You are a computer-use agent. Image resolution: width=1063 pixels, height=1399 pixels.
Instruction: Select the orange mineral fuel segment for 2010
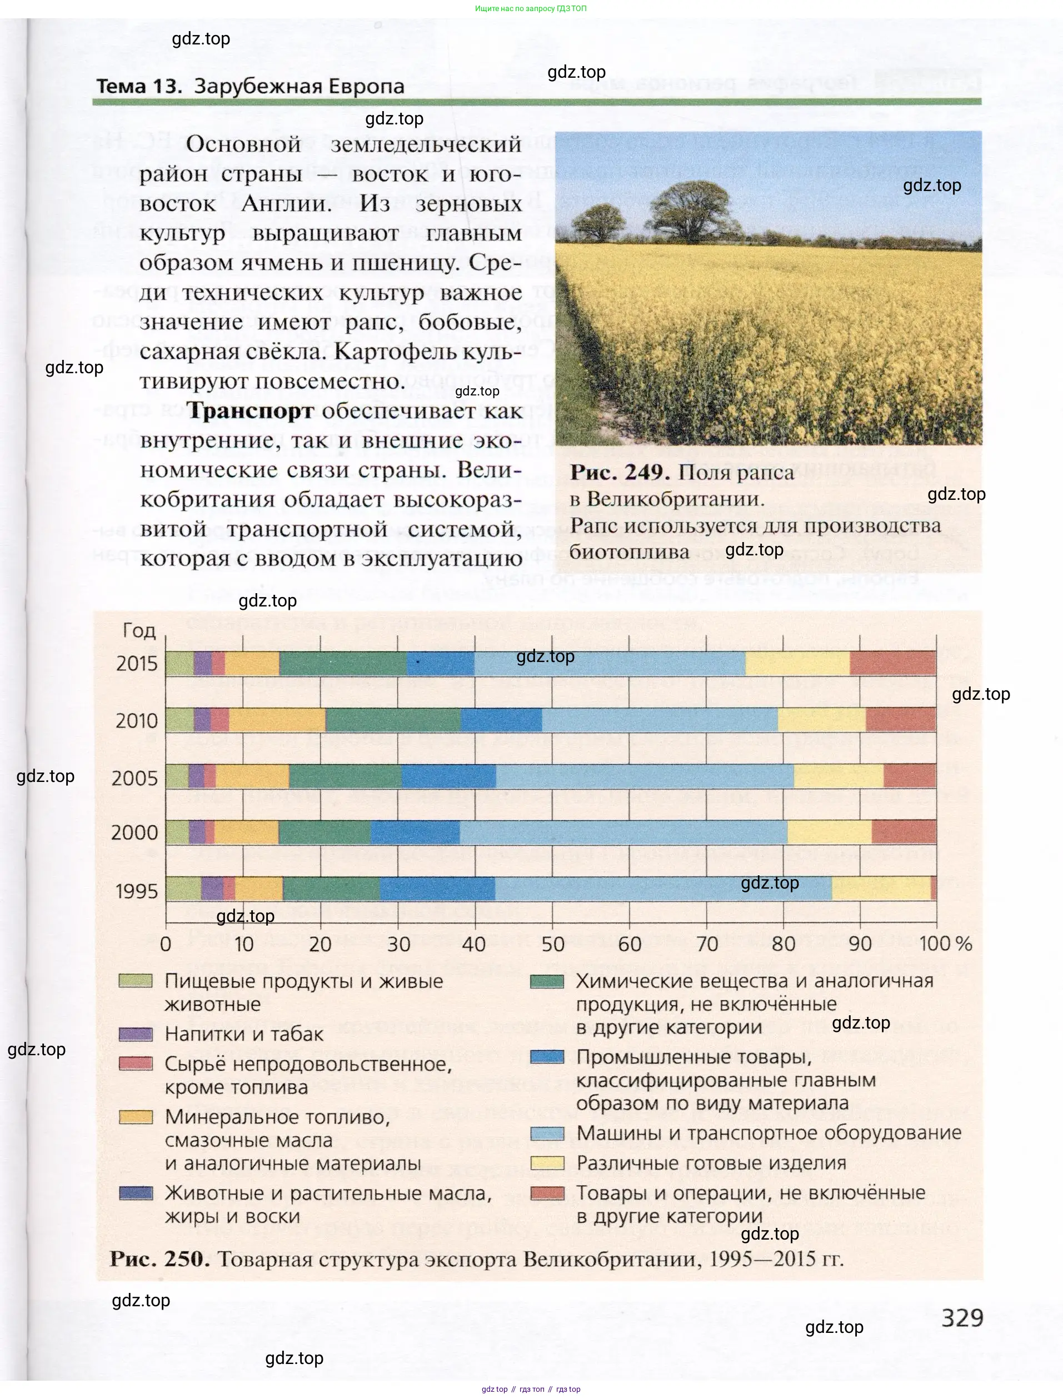(277, 720)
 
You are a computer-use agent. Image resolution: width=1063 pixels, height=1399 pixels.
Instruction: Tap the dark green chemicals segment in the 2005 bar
(345, 776)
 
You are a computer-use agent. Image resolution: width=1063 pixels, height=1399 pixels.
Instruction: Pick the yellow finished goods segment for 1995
(881, 888)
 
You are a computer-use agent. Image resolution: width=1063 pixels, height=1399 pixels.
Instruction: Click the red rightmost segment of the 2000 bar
(904, 832)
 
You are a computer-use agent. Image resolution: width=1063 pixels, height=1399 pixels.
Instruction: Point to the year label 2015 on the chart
(137, 664)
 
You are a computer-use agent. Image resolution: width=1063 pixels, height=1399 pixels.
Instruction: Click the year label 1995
(137, 891)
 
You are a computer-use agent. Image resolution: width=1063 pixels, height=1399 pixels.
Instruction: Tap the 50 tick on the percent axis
(552, 944)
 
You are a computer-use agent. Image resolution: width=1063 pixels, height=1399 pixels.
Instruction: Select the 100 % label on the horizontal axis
(945, 944)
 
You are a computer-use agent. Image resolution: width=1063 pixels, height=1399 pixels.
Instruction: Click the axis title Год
(138, 630)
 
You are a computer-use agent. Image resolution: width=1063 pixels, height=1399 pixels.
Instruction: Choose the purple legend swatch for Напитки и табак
(136, 1035)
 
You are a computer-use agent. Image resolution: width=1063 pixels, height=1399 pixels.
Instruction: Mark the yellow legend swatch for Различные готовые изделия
(547, 1162)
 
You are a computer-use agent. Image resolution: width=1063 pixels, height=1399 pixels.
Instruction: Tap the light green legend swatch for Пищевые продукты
(136, 981)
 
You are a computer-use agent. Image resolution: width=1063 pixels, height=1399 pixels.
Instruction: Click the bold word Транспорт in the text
(251, 410)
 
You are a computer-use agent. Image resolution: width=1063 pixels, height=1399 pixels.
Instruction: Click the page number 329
(962, 1317)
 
